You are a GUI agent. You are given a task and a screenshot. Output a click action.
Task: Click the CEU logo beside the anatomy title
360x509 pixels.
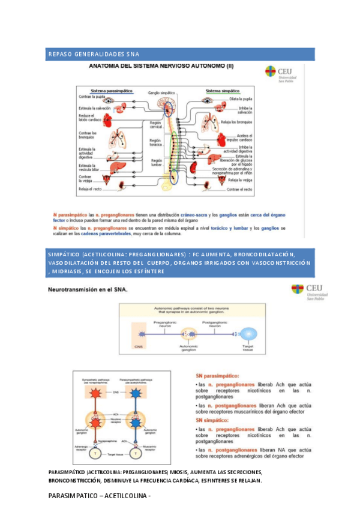(x=284, y=74)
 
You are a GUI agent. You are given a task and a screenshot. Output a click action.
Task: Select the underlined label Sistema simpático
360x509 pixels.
(x=223, y=91)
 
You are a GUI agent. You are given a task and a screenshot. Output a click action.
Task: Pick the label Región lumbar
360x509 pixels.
(x=156, y=163)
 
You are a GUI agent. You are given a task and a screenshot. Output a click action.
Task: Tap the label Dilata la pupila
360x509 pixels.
(x=240, y=98)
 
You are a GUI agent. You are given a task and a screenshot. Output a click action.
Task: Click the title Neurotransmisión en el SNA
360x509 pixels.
(x=88, y=290)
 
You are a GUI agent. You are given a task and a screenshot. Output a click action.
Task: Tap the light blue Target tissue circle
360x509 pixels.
(x=248, y=336)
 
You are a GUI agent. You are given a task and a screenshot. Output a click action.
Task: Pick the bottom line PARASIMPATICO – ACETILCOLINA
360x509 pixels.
(x=99, y=496)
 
